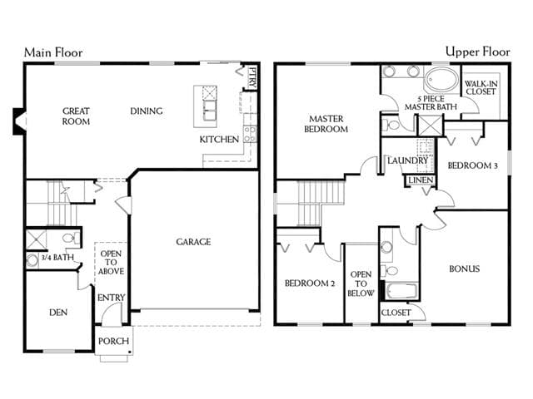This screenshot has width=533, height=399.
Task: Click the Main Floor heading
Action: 53,52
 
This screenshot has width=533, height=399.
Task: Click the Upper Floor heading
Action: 477,52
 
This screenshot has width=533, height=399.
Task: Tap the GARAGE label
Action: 193,242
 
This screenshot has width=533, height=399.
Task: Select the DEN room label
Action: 58,313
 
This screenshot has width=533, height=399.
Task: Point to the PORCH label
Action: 113,341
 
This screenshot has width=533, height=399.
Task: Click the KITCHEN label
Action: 219,140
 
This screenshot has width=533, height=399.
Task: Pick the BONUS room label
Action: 465,268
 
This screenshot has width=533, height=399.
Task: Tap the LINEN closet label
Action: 421,180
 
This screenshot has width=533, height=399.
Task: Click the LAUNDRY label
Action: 407,160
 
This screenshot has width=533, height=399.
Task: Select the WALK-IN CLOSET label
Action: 481,87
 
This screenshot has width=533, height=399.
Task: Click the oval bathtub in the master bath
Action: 441,80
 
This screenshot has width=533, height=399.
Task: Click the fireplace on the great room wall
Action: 19,121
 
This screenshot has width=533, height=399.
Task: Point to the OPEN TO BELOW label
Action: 361,283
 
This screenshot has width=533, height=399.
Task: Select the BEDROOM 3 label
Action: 473,165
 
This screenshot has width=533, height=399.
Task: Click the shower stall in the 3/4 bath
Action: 36,240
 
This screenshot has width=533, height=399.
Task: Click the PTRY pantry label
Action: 252,77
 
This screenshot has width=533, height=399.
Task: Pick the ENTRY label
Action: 111,298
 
